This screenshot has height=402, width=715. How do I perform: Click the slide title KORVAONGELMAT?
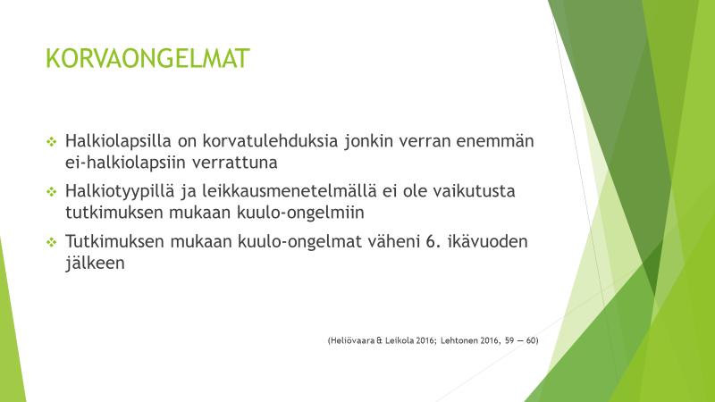147,58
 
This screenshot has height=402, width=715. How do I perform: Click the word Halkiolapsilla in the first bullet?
118,141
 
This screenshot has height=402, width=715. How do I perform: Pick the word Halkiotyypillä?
120,191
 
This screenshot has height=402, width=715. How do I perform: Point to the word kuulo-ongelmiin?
300,213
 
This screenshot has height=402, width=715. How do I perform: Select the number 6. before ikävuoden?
433,241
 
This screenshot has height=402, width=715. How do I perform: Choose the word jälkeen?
95,264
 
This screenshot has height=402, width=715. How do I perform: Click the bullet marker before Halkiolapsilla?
52,142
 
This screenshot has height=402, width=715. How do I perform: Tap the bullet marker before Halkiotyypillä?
52,192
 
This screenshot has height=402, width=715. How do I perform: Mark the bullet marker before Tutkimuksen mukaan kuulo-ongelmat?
52,242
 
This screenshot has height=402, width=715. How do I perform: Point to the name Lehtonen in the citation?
459,340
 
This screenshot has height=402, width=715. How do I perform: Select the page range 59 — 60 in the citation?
520,340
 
